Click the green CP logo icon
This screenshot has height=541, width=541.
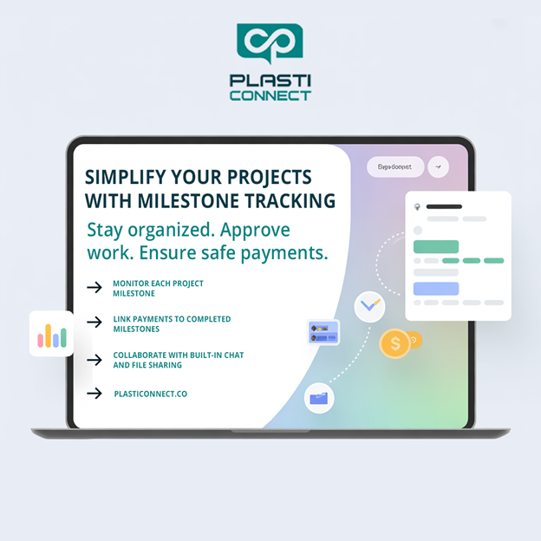point(270,44)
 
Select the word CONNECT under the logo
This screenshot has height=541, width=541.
point(270,95)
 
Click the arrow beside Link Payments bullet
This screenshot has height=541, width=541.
point(95,323)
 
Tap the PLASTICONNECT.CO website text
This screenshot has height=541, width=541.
point(150,394)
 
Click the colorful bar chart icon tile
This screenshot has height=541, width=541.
point(51,335)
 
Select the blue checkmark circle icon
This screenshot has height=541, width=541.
point(370,306)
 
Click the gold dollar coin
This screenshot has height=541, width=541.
point(395,343)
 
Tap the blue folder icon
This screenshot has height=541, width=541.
point(319,398)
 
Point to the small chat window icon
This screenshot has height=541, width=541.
point(323,332)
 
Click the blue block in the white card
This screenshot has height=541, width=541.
point(436,289)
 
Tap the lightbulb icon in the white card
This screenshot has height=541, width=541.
point(417,206)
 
